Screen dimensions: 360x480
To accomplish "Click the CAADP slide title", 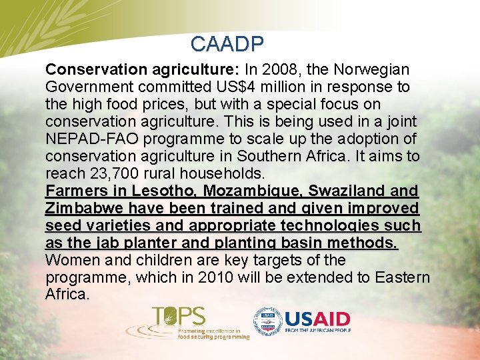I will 227,44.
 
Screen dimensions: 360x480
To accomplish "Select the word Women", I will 69,260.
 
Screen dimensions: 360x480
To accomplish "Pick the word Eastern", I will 401,277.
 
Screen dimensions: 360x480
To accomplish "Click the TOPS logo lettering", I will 179,317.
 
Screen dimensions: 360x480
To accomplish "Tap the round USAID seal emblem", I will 267,321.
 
